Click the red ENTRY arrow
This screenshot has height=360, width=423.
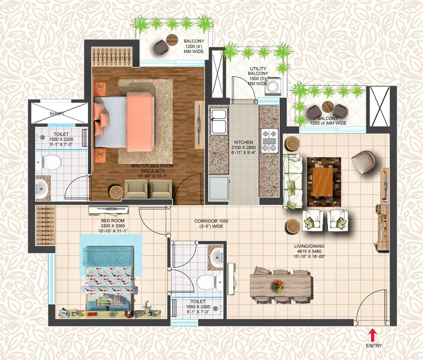372,334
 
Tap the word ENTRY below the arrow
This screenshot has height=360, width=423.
373,346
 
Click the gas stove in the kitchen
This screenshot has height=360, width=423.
269,141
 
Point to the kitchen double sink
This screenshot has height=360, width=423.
218,121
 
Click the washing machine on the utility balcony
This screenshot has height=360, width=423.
273,86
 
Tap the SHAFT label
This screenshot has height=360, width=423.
57,114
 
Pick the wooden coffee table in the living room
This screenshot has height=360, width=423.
322,182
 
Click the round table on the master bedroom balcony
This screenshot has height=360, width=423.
172,39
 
